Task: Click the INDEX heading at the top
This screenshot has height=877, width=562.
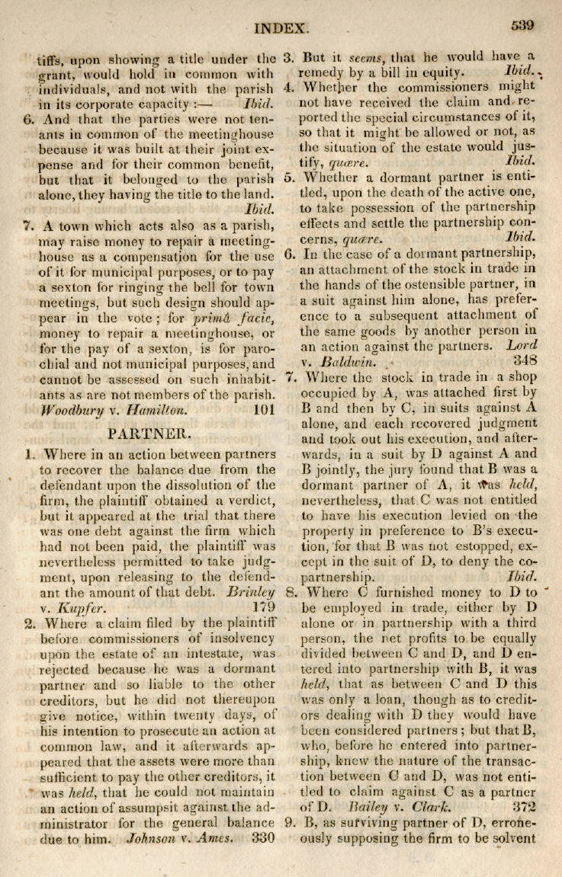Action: pyautogui.click(x=281, y=29)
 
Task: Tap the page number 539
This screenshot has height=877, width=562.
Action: pyautogui.click(x=522, y=25)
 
